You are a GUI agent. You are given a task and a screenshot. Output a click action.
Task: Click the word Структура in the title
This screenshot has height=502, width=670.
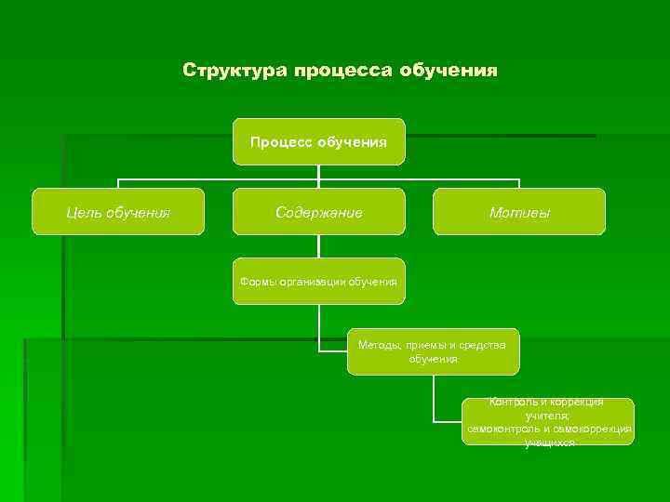point(234,71)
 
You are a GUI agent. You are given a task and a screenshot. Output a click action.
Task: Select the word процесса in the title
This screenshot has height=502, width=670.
point(343,71)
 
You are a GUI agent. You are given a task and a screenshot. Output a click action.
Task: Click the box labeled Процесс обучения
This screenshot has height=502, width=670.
point(318,141)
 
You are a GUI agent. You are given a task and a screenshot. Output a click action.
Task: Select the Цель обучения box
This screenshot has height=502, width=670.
point(118,212)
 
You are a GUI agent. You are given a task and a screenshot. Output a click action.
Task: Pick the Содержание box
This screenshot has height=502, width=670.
point(318,212)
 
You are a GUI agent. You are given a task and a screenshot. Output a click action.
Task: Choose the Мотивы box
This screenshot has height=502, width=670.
point(519,212)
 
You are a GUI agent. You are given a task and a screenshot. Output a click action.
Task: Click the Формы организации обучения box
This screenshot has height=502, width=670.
point(318,281)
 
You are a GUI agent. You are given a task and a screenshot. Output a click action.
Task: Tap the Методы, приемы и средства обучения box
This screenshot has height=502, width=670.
point(433,351)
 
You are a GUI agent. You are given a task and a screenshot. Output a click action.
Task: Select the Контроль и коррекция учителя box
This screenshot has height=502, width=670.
point(549,422)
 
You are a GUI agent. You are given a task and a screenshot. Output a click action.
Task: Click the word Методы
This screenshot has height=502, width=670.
point(380,345)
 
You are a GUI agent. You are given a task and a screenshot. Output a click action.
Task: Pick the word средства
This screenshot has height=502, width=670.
point(485,345)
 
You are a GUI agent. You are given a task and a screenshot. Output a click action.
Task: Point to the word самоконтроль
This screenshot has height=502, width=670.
point(502,429)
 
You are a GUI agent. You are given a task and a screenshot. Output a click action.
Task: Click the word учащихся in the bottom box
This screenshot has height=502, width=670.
point(549,443)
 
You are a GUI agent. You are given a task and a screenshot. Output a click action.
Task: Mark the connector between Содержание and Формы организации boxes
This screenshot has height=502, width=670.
point(318,246)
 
